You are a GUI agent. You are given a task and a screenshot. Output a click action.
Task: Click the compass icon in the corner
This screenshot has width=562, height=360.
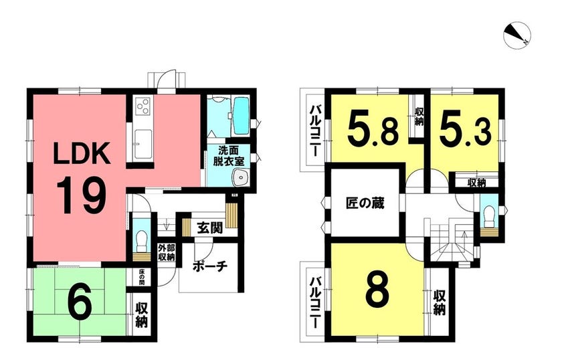tap(517, 36)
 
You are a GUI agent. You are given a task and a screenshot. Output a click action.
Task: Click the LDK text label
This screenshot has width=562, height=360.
tap(82, 153)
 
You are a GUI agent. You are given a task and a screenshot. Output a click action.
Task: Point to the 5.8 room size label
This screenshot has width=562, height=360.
tap(373, 129)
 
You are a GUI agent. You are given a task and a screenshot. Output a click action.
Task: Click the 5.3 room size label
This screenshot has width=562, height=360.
tap(465, 129)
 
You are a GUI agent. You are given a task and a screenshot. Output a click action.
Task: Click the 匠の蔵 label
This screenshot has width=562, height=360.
tap(365, 203)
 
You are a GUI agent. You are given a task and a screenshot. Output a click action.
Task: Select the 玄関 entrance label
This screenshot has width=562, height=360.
tap(210, 228)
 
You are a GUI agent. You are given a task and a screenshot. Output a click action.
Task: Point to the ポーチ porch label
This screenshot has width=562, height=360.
tap(210, 266)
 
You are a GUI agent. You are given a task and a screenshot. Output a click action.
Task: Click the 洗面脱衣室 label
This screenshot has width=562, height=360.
tap(229, 155)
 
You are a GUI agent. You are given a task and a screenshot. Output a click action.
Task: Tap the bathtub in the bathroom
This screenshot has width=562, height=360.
tap(241, 116)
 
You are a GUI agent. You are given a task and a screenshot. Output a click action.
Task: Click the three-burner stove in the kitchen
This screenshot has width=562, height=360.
tap(143, 105)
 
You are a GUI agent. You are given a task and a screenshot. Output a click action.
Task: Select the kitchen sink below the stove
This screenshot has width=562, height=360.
tap(143, 143)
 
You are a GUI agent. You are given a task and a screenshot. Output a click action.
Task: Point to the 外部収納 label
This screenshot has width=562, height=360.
tap(167, 253)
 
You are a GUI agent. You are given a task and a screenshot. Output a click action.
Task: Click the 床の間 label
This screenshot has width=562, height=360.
tap(142, 277)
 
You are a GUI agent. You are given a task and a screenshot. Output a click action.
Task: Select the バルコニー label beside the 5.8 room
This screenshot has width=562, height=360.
tap(315, 130)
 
